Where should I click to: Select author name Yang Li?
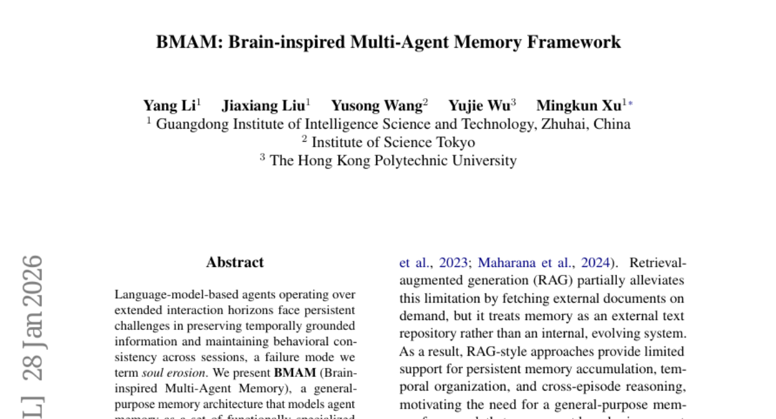click(169, 105)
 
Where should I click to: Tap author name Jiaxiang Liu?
click(263, 105)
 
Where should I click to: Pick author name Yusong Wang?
click(376, 105)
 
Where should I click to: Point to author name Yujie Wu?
click(479, 105)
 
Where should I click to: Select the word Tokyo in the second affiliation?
click(454, 142)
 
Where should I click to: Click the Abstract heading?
click(235, 263)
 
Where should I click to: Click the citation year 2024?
click(595, 263)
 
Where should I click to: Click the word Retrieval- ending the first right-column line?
click(658, 263)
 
